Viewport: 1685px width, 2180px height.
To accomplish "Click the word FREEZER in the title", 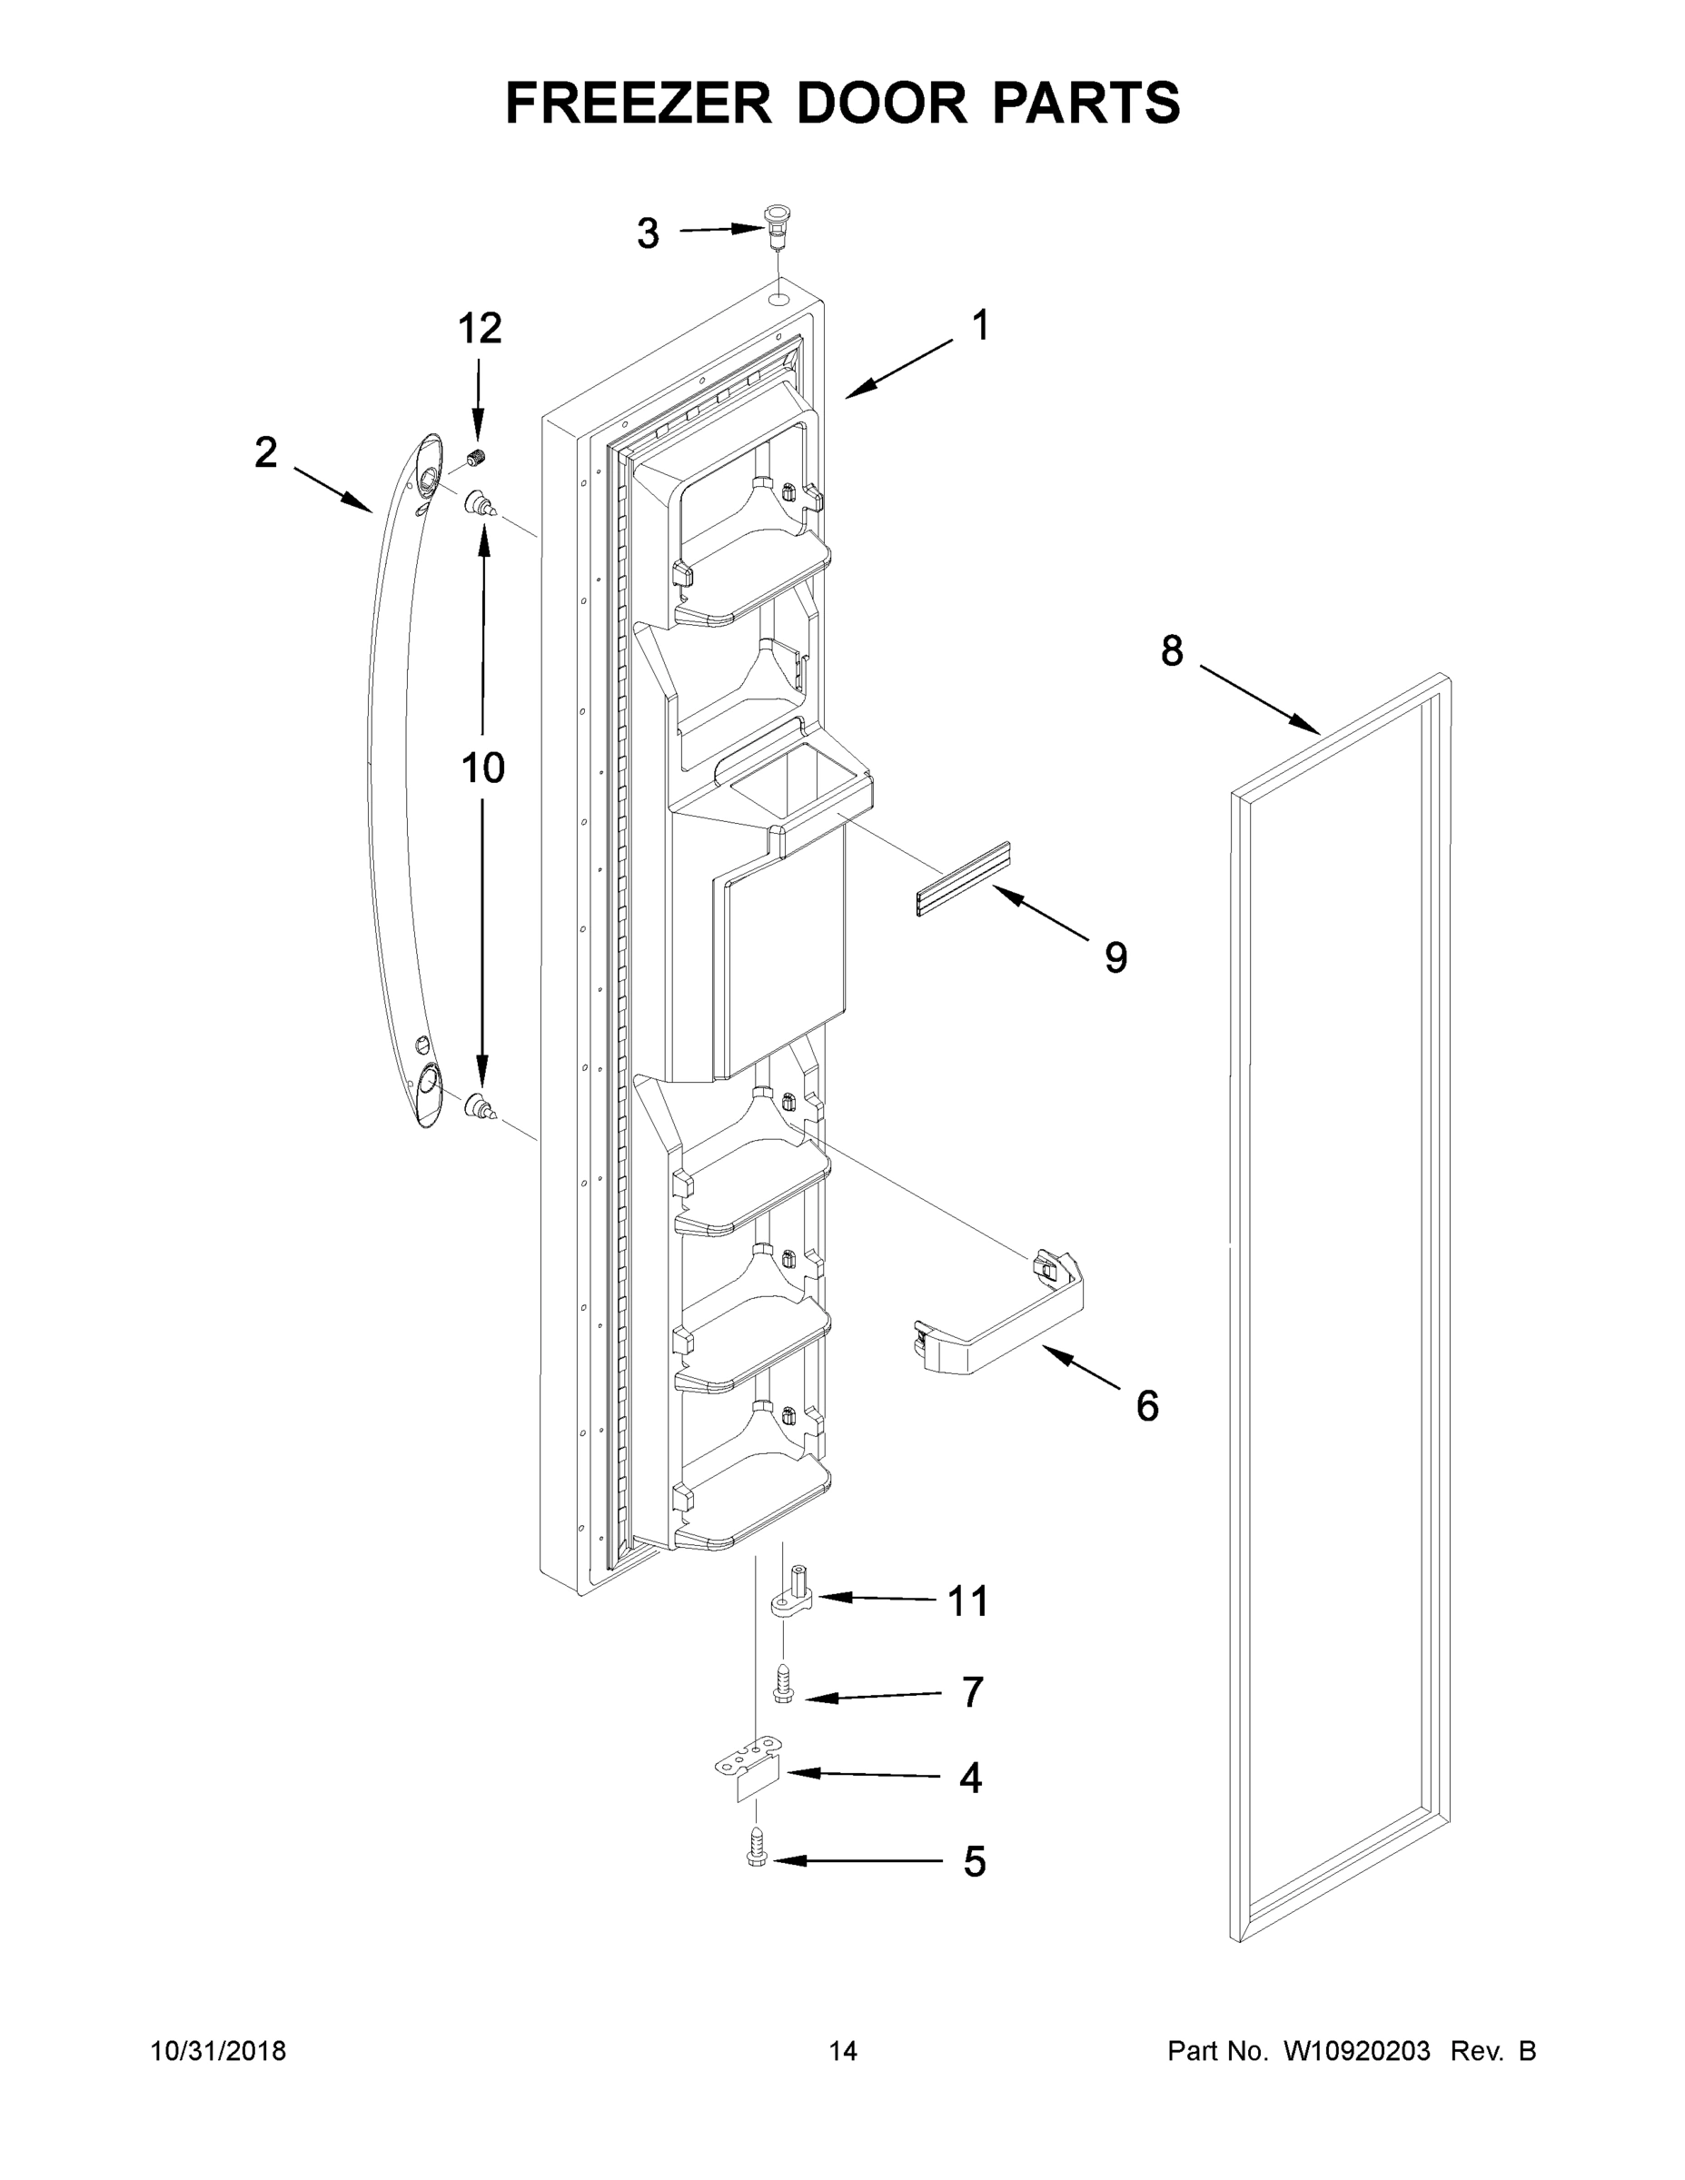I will pos(639,103).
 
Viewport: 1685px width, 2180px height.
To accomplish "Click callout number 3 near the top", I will pos(648,233).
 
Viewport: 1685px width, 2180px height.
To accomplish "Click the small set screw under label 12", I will pos(476,459).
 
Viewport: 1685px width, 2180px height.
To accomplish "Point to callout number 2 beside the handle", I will pos(265,453).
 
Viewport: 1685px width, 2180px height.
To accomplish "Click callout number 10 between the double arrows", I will pos(482,768).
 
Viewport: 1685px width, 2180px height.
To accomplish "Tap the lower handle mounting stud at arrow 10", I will pos(479,1107).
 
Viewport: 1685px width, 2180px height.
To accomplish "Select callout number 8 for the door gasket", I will pos(1172,650).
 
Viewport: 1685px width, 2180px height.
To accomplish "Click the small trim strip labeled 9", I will pos(962,878).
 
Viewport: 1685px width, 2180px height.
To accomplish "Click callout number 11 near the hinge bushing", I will pos(967,1601).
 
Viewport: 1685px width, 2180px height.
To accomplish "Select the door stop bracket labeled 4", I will pos(750,1772).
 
